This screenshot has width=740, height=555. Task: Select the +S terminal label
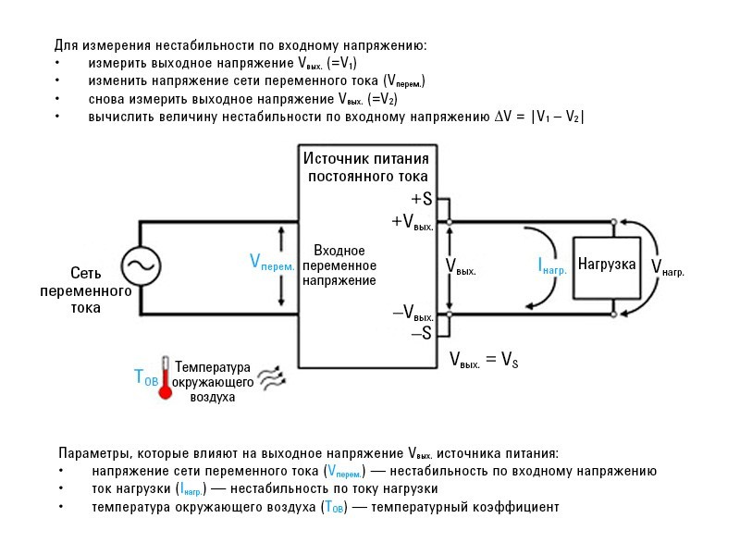tap(421, 199)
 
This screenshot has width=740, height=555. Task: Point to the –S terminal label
tap(421, 334)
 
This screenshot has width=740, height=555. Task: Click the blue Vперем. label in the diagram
tap(272, 263)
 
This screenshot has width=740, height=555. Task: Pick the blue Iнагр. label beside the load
tap(552, 265)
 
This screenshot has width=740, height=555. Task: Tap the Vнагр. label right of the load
tap(668, 267)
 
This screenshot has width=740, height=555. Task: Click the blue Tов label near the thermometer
tap(146, 376)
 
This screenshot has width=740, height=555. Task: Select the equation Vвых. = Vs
tap(483, 360)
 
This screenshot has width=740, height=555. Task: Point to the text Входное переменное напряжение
tap(339, 265)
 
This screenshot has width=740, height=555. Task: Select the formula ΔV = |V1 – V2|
tap(539, 117)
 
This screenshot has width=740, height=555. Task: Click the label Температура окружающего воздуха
tap(212, 381)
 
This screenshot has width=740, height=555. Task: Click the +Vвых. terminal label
tap(413, 222)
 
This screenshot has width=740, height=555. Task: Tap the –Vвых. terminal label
tap(413, 314)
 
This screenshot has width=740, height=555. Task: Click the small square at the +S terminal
tap(448, 199)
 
